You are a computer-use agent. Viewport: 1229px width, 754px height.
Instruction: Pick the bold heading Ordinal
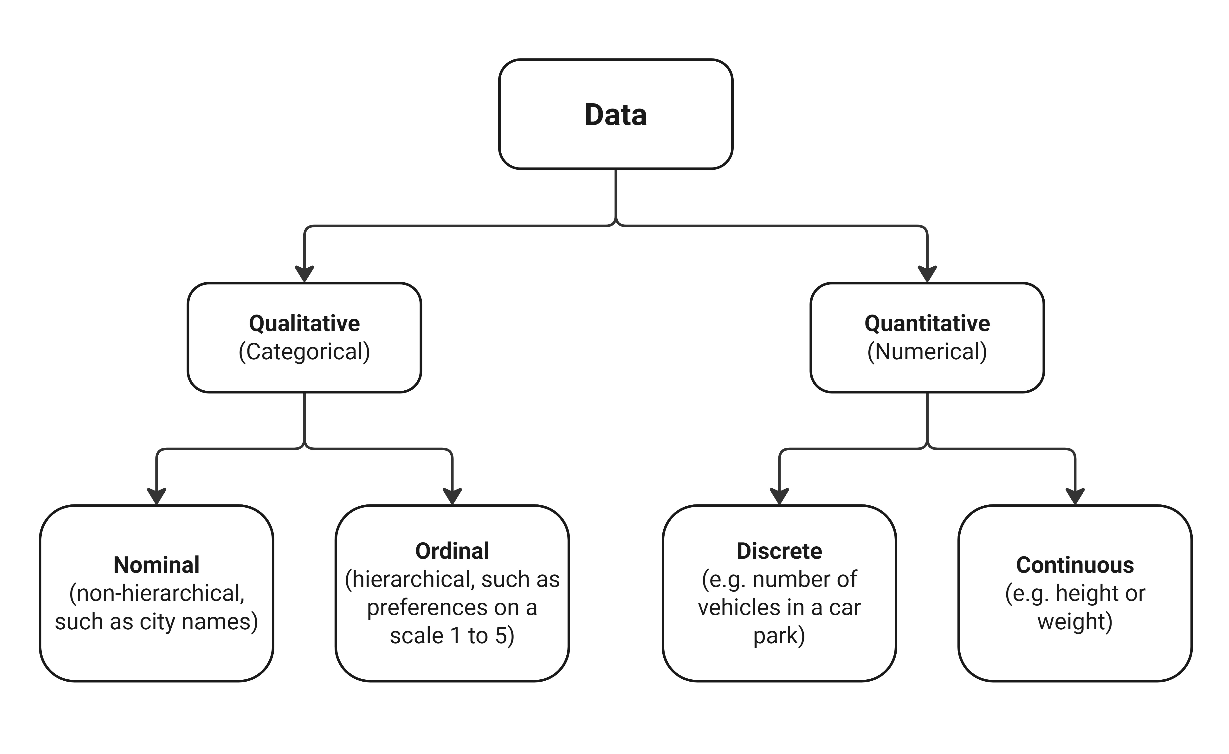click(452, 551)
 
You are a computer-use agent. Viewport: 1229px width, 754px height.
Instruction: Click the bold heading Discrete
click(779, 551)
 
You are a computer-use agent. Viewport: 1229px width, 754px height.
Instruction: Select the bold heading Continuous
click(1075, 565)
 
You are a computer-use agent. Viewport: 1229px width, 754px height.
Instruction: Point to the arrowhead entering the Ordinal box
click(452, 496)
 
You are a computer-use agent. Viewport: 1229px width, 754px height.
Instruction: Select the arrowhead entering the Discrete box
click(779, 496)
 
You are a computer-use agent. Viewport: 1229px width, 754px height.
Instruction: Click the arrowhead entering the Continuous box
click(1075, 496)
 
